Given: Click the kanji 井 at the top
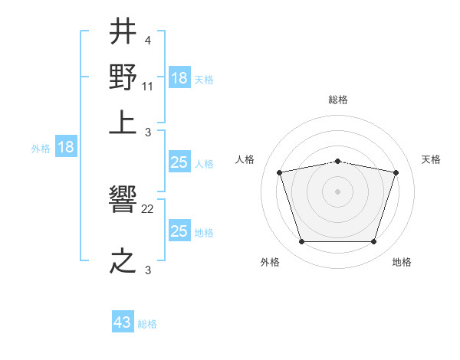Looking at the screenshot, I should [x=123, y=33].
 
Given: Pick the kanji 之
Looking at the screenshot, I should [x=123, y=260].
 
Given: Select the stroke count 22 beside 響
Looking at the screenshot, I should [x=148, y=208].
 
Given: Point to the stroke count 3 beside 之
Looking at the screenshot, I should [x=147, y=269].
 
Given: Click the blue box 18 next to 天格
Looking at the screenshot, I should [x=179, y=78].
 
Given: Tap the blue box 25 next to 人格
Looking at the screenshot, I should [x=179, y=162].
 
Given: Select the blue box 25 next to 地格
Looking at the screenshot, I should [x=179, y=231].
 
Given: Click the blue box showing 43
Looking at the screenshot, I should [x=123, y=322].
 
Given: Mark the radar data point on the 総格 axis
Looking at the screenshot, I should [x=337, y=161].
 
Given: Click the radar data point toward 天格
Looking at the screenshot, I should [x=396, y=172].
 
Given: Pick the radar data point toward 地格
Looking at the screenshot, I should [x=373, y=242].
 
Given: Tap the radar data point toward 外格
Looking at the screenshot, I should [x=301, y=242].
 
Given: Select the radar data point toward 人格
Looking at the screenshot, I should [x=279, y=172].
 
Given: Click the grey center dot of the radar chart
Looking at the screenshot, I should [x=337, y=191].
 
